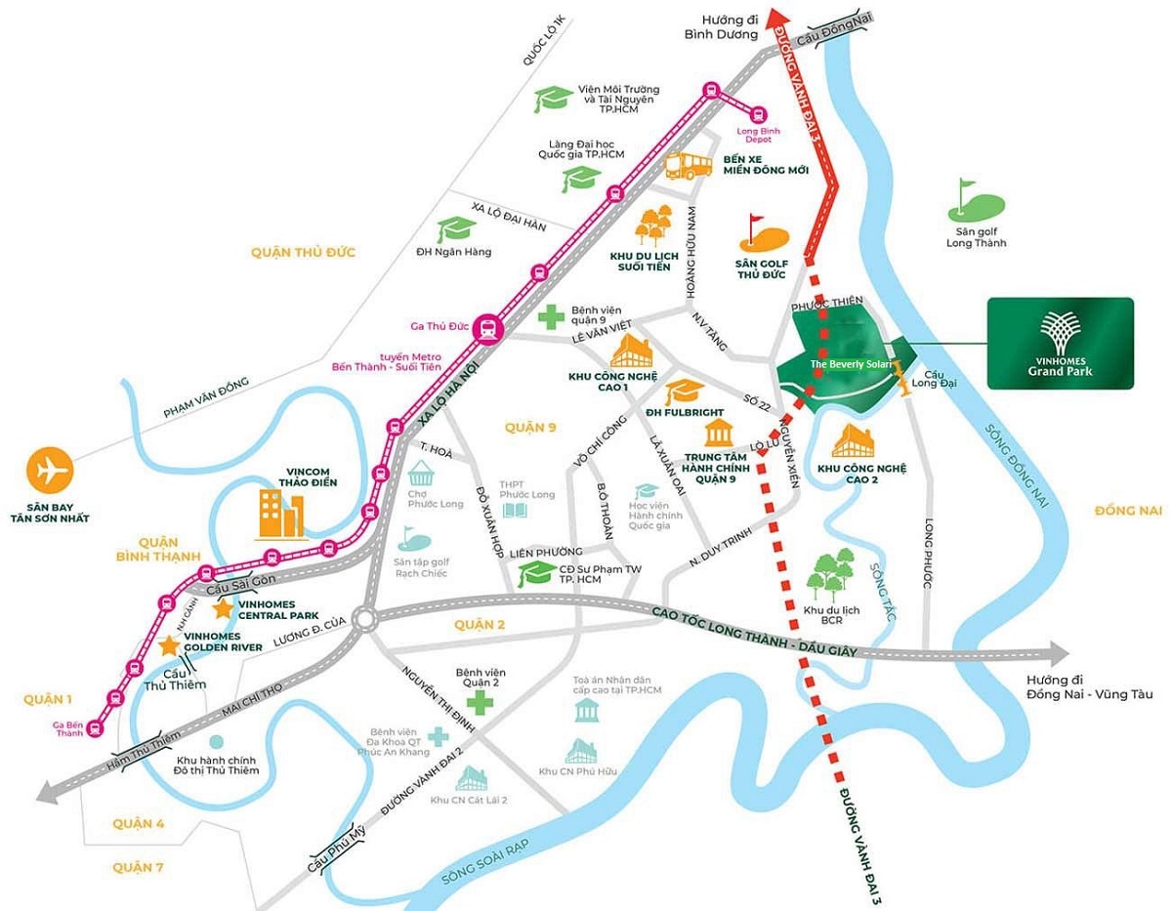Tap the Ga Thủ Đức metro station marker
pyautogui.click(x=486, y=329)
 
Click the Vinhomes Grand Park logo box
pyautogui.click(x=1060, y=344)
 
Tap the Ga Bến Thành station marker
pyautogui.click(x=95, y=727)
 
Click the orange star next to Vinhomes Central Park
pyautogui.click(x=223, y=608)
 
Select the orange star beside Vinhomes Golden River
pyautogui.click(x=170, y=644)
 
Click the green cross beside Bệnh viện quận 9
pyautogui.click(x=550, y=316)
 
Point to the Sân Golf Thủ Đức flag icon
pyautogui.click(x=760, y=233)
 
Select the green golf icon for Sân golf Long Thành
pyautogui.click(x=975, y=202)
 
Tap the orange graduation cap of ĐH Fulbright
pyautogui.click(x=684, y=393)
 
